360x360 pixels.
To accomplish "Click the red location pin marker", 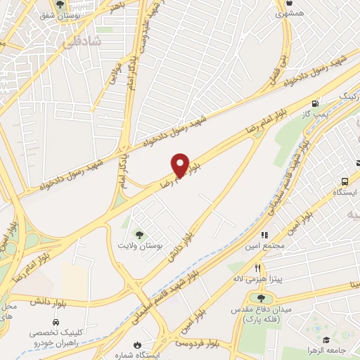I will [x=180, y=164].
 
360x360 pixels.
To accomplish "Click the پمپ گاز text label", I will [x=316, y=112].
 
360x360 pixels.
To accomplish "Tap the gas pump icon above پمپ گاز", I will [x=324, y=102].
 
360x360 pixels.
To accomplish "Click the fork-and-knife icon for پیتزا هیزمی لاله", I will [x=258, y=268].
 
